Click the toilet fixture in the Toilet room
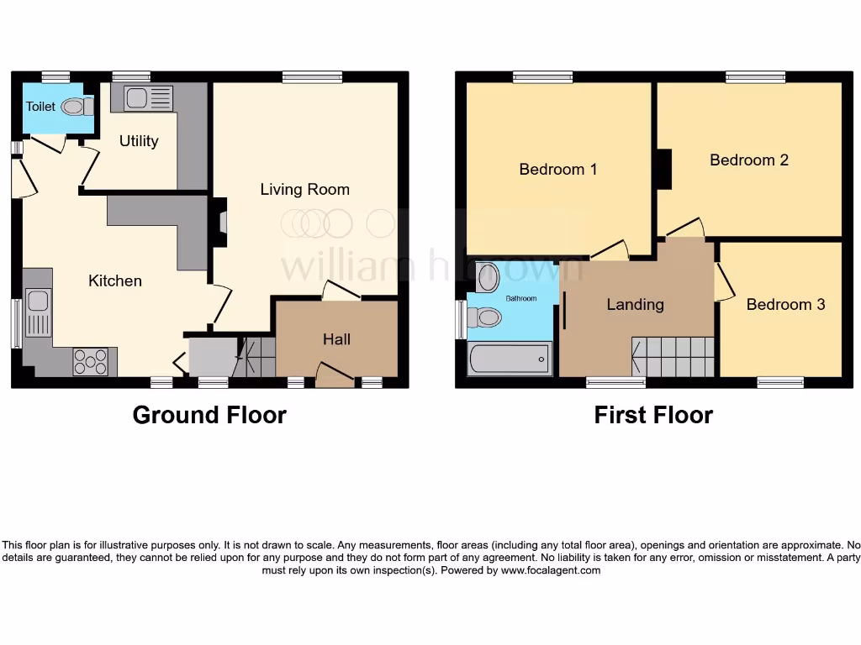tap(77, 107)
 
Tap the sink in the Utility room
tap(137, 98)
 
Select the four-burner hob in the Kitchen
tap(90, 362)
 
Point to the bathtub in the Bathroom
tap(510, 359)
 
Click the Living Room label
tap(304, 189)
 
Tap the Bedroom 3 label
tap(785, 304)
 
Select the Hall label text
tap(336, 339)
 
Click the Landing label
tap(635, 304)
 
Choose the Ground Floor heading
tap(209, 415)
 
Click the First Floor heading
tap(653, 415)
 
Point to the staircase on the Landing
tap(673, 357)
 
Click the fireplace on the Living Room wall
tap(220, 222)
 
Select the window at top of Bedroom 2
tap(755, 77)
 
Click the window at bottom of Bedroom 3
tap(779, 382)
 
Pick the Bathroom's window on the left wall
tap(460, 320)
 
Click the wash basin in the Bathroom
tap(487, 277)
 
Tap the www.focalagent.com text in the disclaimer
tap(551, 570)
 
